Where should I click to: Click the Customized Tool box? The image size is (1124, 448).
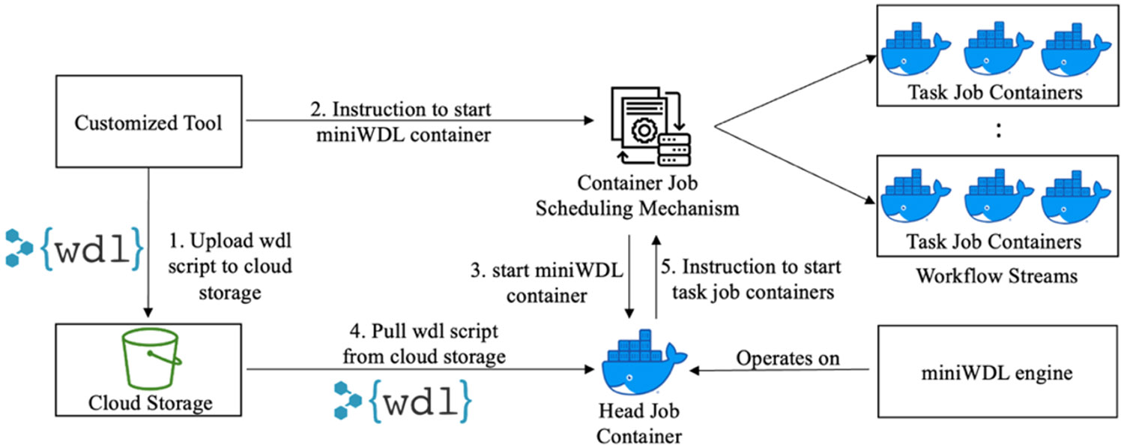148,122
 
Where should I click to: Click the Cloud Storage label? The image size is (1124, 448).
150,403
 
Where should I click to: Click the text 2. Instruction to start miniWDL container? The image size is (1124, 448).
401,122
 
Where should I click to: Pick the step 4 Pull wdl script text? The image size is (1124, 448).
423,344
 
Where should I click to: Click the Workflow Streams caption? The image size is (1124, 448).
996,275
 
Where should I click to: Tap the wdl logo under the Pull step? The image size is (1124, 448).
403,398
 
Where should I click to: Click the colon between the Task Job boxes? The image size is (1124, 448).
997,131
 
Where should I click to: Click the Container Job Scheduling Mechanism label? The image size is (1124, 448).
637,196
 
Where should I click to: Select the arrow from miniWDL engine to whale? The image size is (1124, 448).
779,370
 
